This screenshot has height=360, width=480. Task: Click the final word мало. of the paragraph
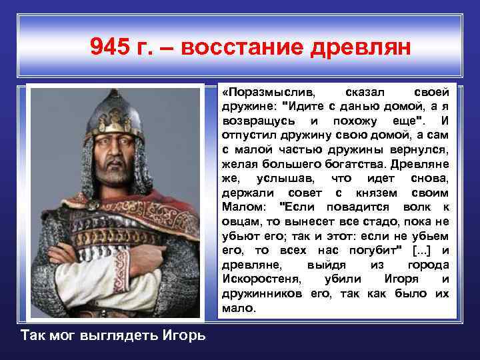click(x=238, y=308)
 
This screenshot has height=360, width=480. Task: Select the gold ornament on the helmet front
click(x=114, y=121)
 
